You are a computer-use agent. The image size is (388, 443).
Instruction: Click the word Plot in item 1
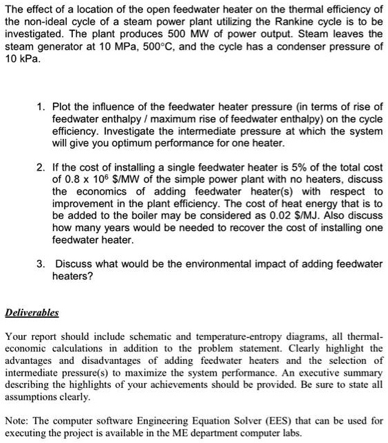[x=64, y=108]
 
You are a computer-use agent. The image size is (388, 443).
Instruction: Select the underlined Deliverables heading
[x=33, y=312]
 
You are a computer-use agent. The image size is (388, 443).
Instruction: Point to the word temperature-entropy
[x=221, y=337]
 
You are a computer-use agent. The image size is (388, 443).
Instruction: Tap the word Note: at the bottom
[x=19, y=419]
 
